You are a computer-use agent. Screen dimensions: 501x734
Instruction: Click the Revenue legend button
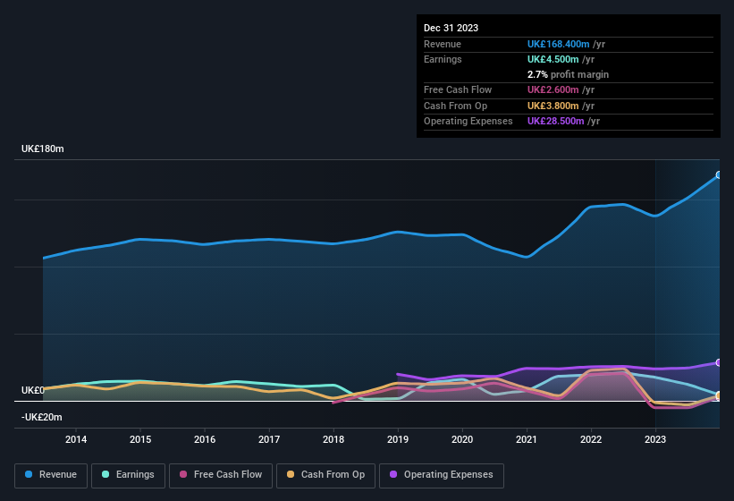pyautogui.click(x=51, y=475)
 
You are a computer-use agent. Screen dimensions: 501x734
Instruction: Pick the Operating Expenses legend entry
pyautogui.click(x=442, y=475)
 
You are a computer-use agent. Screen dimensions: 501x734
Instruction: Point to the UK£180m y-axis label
pyautogui.click(x=42, y=149)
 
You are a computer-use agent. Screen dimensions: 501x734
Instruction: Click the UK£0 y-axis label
pyautogui.click(x=32, y=391)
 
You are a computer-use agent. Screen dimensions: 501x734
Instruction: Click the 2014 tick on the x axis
pyautogui.click(x=76, y=439)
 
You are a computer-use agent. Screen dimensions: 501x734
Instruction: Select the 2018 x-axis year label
pyautogui.click(x=333, y=439)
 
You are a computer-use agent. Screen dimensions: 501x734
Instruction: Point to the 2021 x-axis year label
pyautogui.click(x=527, y=439)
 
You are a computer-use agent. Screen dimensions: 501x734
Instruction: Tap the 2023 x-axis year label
pyautogui.click(x=655, y=439)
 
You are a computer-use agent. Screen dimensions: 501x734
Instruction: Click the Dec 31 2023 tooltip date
pyautogui.click(x=451, y=28)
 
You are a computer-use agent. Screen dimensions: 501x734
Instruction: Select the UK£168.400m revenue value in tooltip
pyautogui.click(x=558, y=44)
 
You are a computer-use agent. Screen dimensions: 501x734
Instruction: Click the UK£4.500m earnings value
pyautogui.click(x=553, y=59)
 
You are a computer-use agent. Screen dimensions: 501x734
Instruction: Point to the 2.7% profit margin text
pyautogui.click(x=568, y=74)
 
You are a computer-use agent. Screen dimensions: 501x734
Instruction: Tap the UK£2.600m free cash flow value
pyautogui.click(x=553, y=90)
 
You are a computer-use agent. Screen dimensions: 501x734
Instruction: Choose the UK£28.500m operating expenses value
pyautogui.click(x=555, y=121)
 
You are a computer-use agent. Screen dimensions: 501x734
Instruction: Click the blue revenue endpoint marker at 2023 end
pyautogui.click(x=719, y=175)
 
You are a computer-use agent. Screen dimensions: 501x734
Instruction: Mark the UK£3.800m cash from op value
pyautogui.click(x=553, y=106)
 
